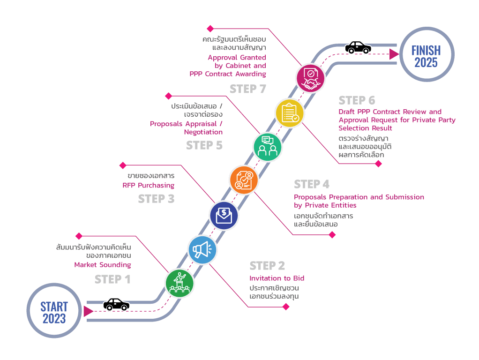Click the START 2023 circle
(54, 311)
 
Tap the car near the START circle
(116, 304)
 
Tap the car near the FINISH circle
(358, 47)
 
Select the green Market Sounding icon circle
(180, 282)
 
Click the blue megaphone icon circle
(202, 250)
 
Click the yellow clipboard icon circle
(290, 113)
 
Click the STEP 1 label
(112, 280)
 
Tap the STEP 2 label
(267, 266)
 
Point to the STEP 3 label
(156, 199)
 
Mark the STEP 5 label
(204, 145)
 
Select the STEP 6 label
(357, 100)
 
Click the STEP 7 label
(248, 89)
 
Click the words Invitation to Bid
(277, 278)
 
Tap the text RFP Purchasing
(148, 186)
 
